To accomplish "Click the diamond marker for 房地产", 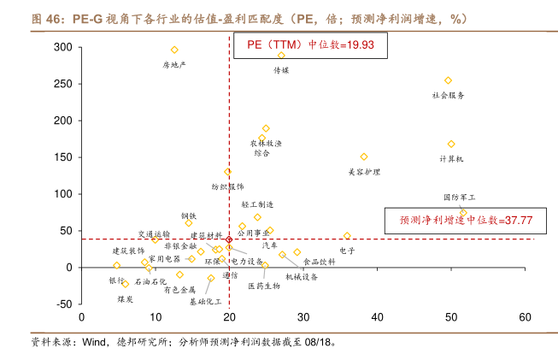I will [174, 50].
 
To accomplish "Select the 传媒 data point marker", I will [281, 56].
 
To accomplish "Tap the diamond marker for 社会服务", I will [448, 81].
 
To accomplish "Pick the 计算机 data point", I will [451, 145].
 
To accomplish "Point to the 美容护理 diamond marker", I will [364, 157].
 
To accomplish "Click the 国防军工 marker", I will [463, 213].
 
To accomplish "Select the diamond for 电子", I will [347, 236].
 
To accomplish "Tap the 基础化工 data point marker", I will [211, 278].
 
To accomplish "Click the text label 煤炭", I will [126, 299].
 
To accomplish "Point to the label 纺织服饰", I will [227, 186].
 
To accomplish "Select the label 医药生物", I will [264, 286].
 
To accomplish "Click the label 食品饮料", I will [320, 262].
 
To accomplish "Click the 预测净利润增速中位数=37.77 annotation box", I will [466, 220].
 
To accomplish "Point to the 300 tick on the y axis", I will [62, 47].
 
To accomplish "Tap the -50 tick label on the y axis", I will [62, 304].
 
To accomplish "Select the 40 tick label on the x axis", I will [377, 316].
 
